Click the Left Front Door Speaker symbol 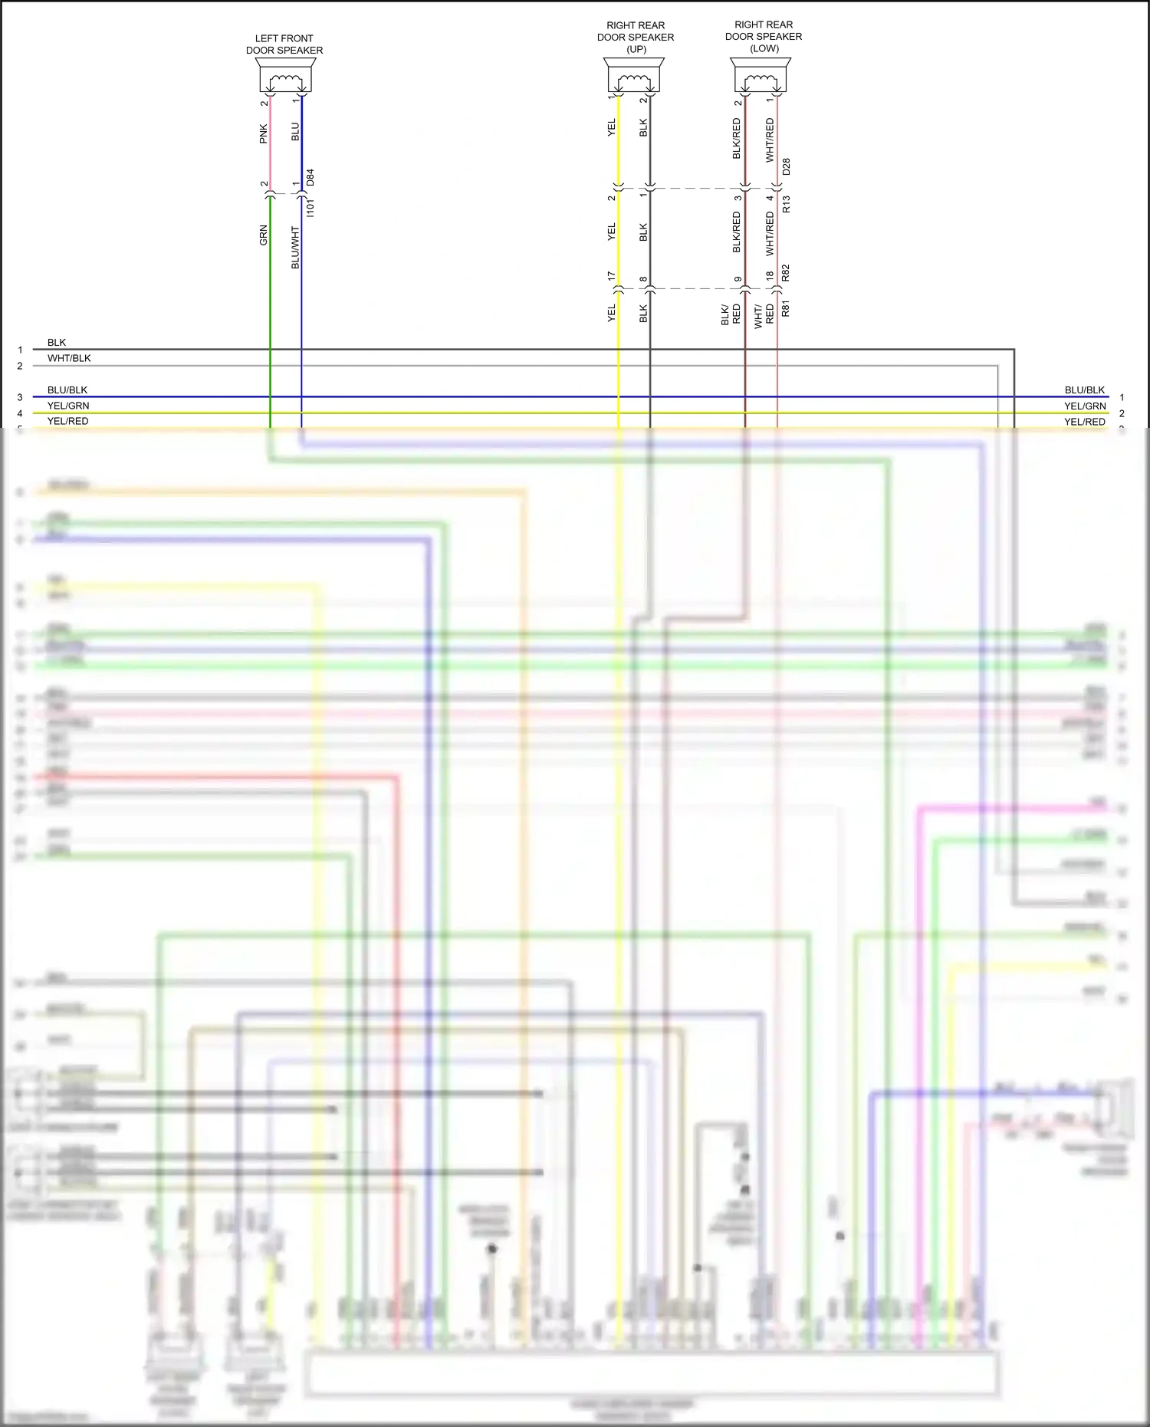[285, 77]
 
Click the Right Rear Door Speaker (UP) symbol [634, 77]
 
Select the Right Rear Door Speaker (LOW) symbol [760, 76]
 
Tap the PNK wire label [264, 133]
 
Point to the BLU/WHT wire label [295, 247]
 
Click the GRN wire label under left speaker [264, 235]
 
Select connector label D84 [310, 177]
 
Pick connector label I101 [310, 207]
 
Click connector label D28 [786, 166]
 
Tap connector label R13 [786, 204]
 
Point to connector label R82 [786, 272]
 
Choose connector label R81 [786, 309]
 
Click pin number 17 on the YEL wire [612, 275]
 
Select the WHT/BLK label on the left [69, 358]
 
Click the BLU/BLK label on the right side [1084, 390]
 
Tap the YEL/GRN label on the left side [68, 406]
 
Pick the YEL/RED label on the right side [1084, 422]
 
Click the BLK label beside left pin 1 [57, 343]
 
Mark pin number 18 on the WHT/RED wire [770, 275]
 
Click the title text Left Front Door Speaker [284, 44]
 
